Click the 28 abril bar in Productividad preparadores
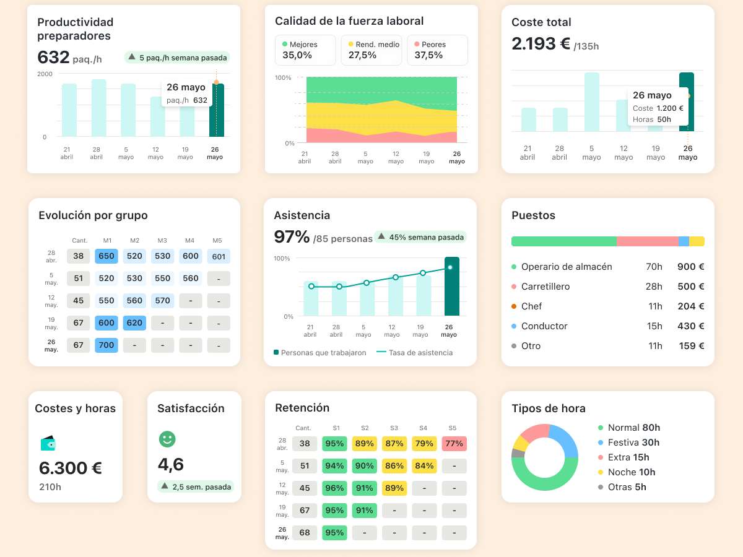tap(99, 108)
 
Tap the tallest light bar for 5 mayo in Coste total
tap(592, 102)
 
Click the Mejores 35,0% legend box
tap(305, 50)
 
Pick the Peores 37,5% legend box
tap(437, 50)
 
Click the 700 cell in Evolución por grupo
tap(106, 345)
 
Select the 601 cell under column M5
tap(219, 256)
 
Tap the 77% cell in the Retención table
tap(454, 444)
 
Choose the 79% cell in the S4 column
tap(424, 444)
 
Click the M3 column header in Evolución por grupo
tap(162, 240)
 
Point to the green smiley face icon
tap(167, 439)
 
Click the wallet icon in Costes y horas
tap(48, 443)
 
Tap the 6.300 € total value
tap(70, 468)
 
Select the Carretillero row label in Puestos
tap(545, 287)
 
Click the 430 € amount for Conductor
tap(690, 326)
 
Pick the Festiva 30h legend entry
tap(633, 443)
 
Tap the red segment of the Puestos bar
tap(647, 241)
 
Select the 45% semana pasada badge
tap(420, 237)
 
